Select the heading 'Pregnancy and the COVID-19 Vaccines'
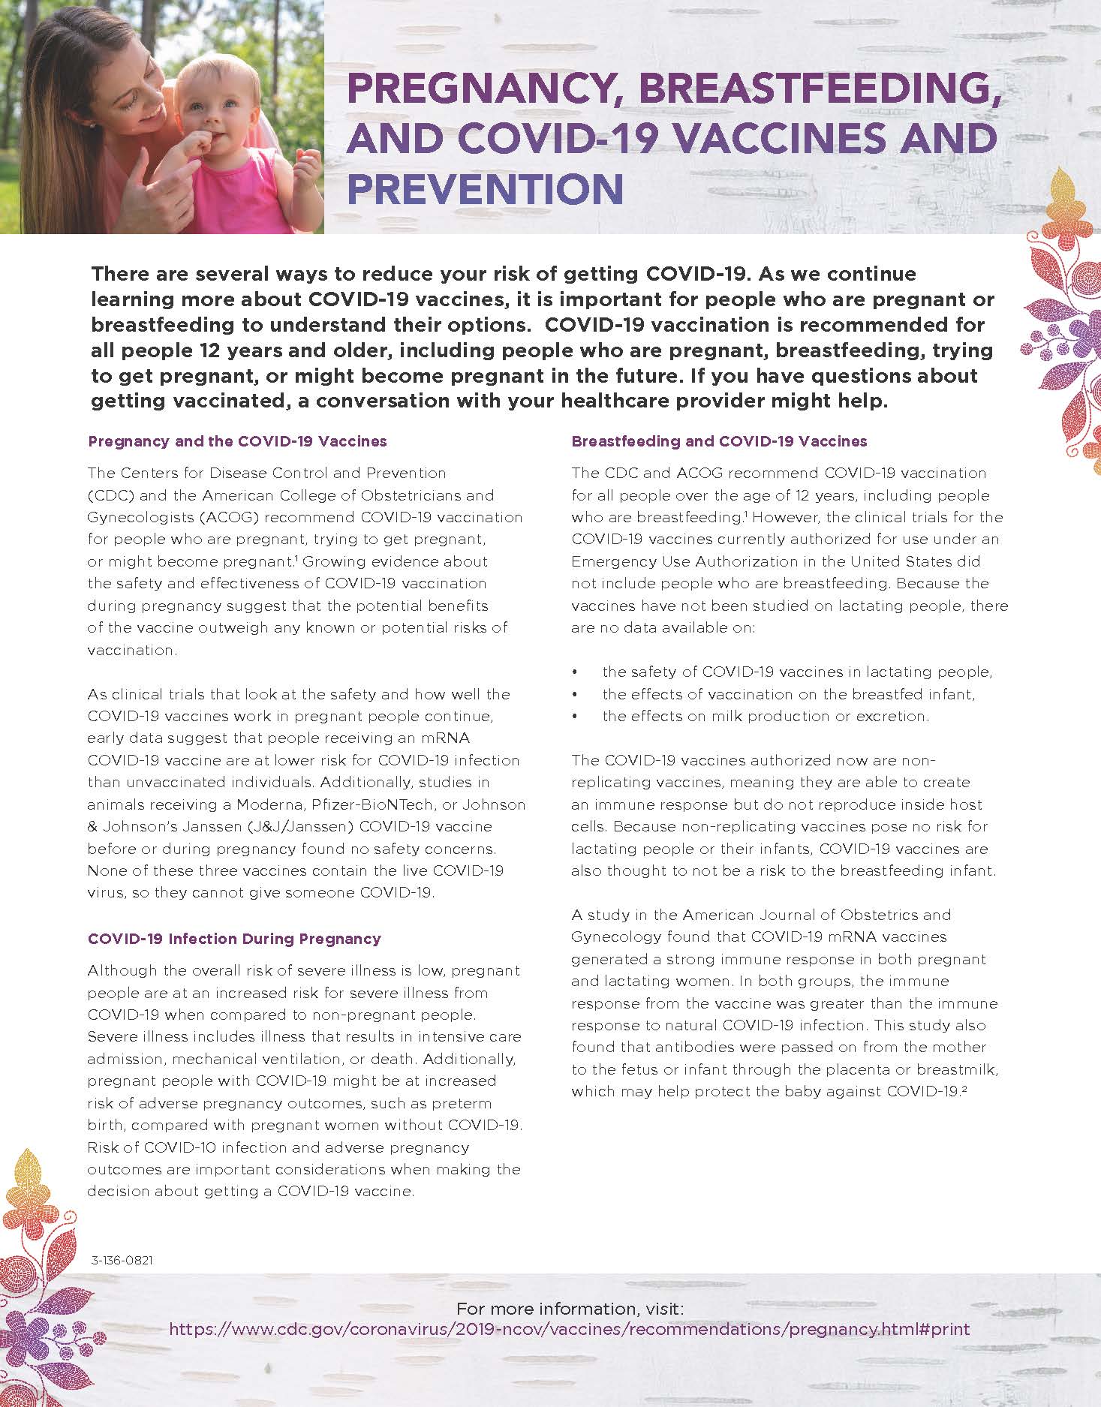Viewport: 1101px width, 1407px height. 237,441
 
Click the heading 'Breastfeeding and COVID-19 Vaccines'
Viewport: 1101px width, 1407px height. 719,441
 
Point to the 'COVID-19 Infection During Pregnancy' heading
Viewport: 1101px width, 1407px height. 234,939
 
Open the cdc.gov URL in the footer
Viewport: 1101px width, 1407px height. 570,1329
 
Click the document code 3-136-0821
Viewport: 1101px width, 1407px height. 122,1261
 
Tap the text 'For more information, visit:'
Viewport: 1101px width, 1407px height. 570,1308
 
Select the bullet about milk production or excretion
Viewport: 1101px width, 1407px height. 766,716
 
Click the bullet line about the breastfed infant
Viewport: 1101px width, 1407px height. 788,694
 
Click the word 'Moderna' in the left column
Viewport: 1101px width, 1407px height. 266,804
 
